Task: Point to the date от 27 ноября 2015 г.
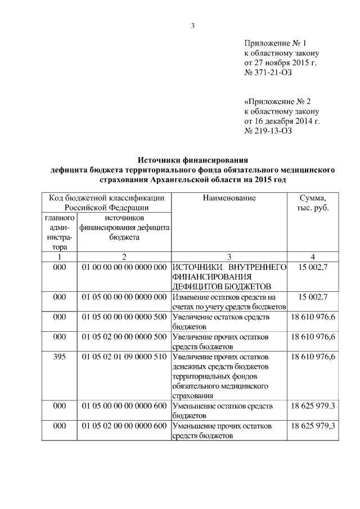[280, 62]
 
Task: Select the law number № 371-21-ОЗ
[268, 72]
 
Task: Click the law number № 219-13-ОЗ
[268, 130]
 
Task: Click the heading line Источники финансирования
[193, 160]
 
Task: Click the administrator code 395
[60, 357]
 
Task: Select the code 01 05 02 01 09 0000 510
[124, 357]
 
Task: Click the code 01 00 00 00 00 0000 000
[124, 267]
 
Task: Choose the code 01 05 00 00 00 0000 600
[124, 406]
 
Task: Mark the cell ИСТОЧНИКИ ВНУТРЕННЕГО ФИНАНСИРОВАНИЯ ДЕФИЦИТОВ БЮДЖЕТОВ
[229, 276]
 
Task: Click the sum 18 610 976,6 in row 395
[313, 357]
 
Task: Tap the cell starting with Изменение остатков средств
[229, 301]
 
